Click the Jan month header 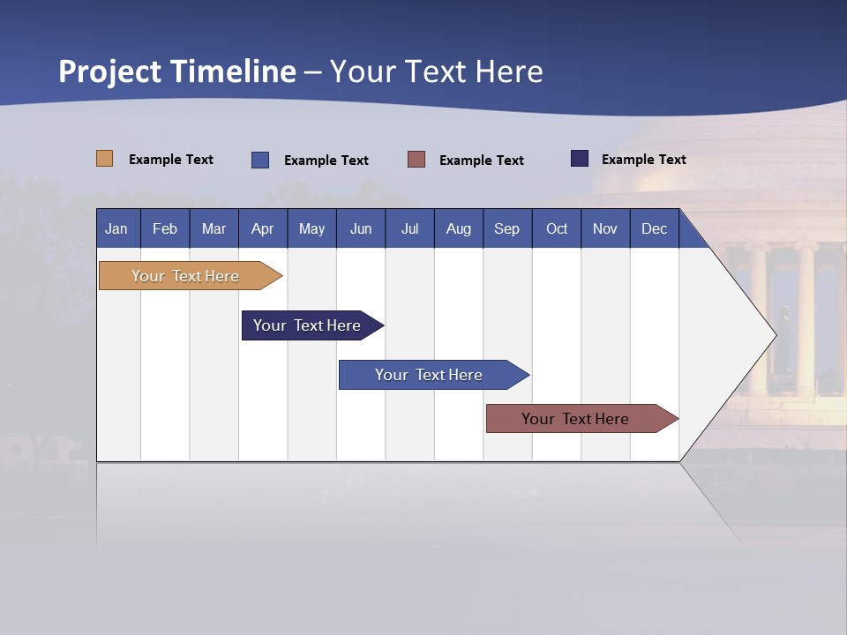(117, 228)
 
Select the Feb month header (165, 228)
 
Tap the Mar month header (214, 228)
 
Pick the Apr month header (263, 228)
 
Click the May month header (311, 228)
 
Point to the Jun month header (361, 228)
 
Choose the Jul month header (409, 228)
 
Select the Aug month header (459, 228)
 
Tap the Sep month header (507, 228)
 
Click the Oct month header (557, 228)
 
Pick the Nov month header (605, 228)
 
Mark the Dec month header (655, 228)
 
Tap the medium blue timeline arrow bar (430, 375)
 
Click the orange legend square (104, 159)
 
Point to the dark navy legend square (580, 159)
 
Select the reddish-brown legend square (416, 160)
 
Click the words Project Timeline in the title (177, 71)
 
